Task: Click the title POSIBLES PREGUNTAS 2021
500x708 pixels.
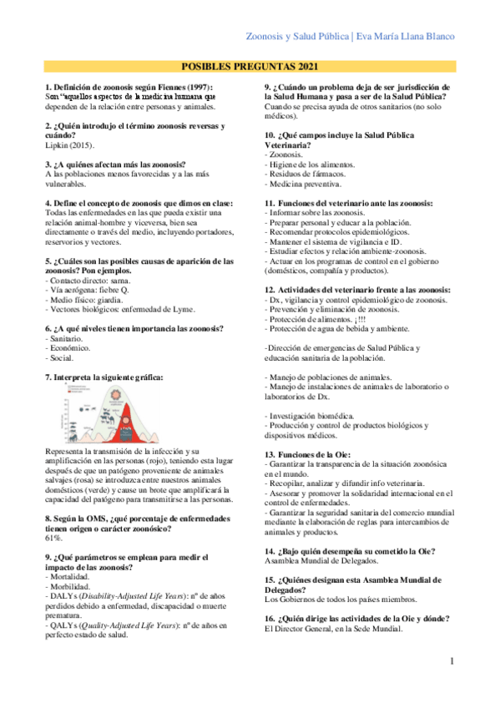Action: [x=249, y=66]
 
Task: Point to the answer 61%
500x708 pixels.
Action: [x=53, y=515]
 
